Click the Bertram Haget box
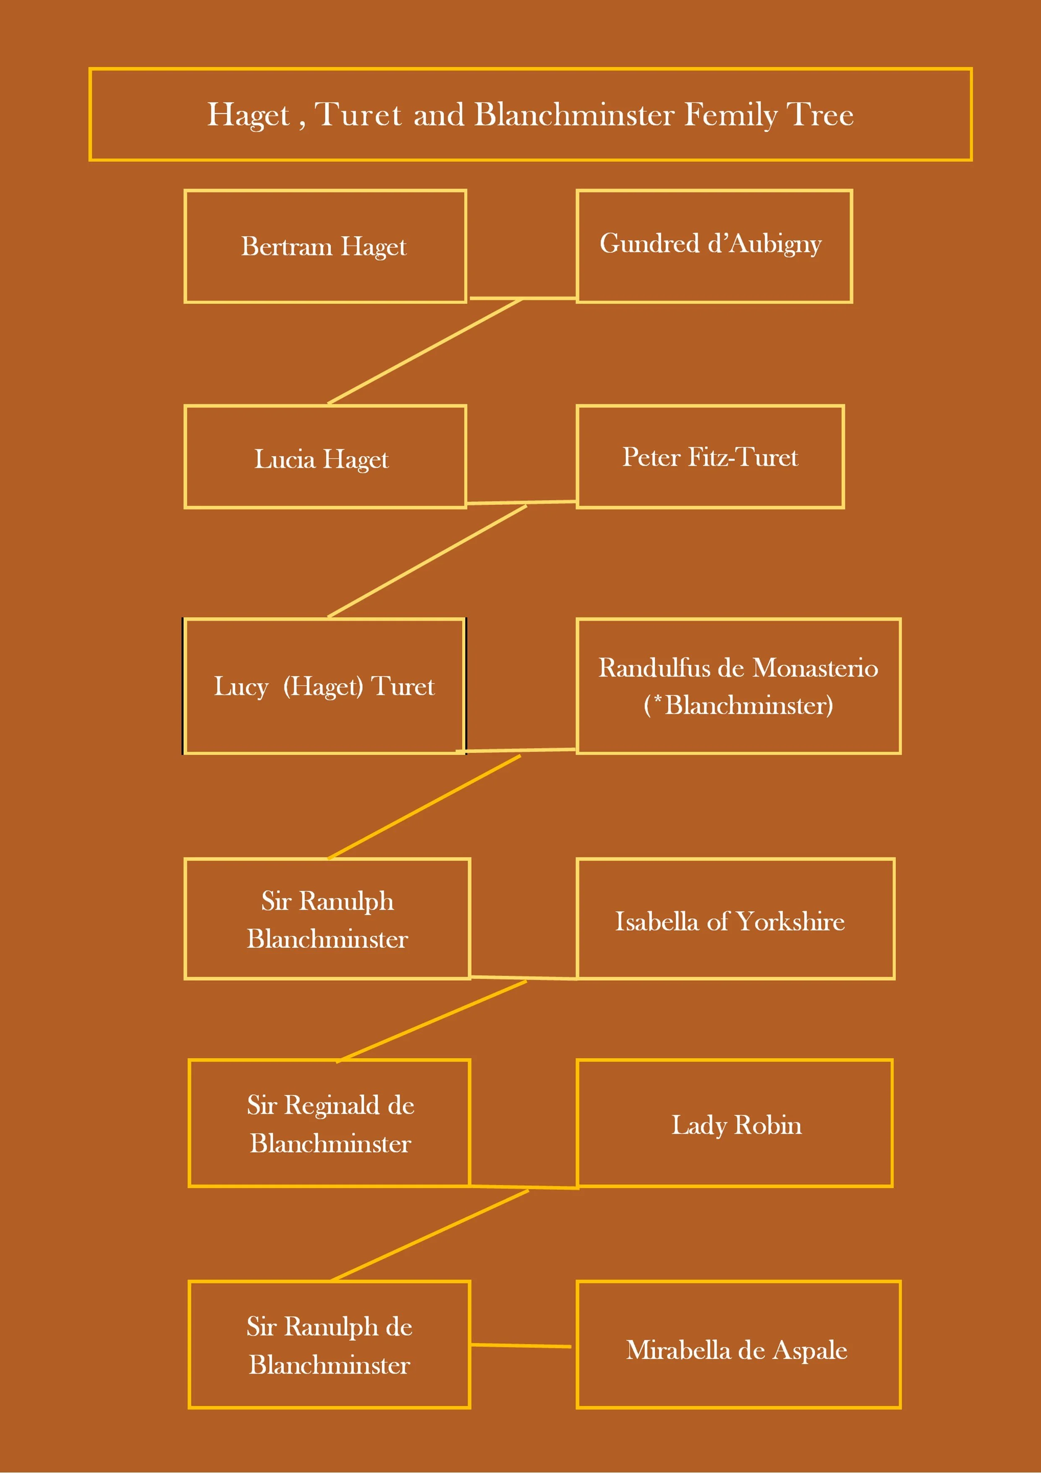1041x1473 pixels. click(324, 246)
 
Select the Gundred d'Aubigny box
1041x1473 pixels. click(714, 246)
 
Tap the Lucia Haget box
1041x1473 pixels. click(324, 457)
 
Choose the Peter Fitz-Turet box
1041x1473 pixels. click(710, 457)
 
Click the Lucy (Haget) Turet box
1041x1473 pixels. click(324, 686)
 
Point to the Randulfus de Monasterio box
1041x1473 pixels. click(738, 686)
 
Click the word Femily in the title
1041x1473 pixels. click(730, 115)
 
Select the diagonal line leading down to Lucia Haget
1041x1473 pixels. click(425, 351)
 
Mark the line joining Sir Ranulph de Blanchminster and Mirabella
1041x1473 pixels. click(521, 1345)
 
